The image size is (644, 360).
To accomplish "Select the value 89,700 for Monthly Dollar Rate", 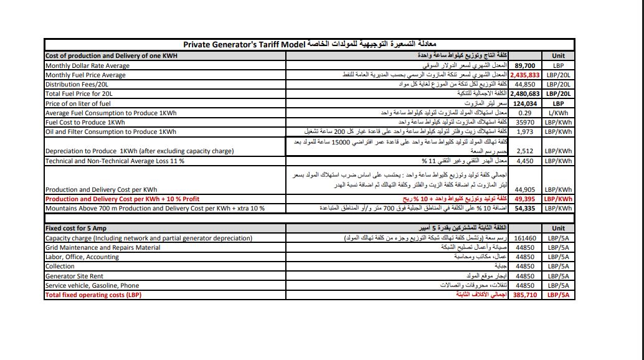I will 525,65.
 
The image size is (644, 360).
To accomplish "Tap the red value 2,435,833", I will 525,75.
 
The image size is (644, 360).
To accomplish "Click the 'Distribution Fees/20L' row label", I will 77,84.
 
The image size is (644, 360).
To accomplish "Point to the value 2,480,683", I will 525,93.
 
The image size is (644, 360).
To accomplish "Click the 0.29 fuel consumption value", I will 524,113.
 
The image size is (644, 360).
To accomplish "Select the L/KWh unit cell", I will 558,113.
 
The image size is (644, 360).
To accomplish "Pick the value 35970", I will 525,122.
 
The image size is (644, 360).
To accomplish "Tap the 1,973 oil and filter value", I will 525,131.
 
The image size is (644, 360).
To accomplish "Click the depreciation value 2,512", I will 525,151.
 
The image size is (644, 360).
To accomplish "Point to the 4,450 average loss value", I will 525,161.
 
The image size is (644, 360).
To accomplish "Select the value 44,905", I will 525,189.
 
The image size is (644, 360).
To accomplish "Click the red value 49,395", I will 525,199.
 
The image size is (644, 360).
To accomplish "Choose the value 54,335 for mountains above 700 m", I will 525,208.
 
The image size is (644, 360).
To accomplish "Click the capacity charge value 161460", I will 526,238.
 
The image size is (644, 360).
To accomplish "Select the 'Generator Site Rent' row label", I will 74,276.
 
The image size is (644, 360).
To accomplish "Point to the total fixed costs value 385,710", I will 525,295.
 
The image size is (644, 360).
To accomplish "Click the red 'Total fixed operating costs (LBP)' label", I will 93,295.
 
